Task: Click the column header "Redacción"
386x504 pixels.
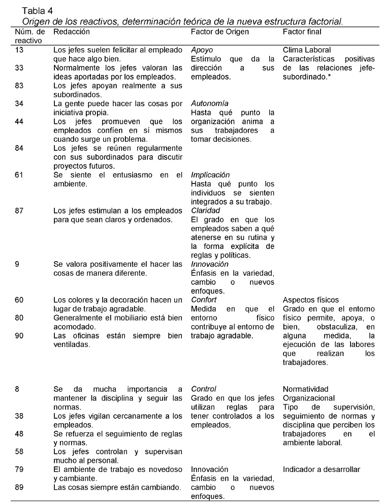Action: coord(72,31)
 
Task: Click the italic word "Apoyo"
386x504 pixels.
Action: coord(202,50)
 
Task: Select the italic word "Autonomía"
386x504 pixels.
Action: coord(209,104)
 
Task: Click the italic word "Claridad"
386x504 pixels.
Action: coord(205,210)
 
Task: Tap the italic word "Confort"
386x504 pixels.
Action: coord(204,300)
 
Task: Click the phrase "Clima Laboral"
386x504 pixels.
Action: coord(307,50)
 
